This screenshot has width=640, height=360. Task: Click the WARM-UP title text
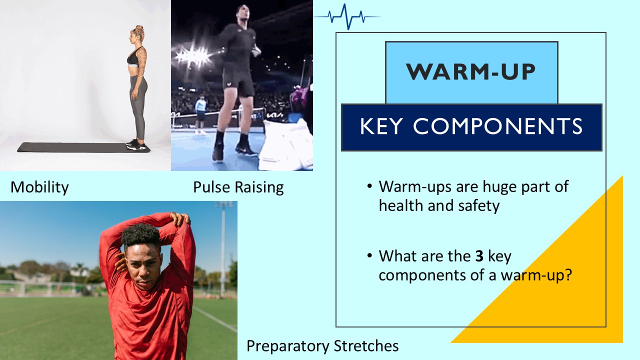[x=471, y=71]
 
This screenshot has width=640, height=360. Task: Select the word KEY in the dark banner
[x=381, y=127]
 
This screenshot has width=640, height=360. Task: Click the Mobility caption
[x=39, y=187]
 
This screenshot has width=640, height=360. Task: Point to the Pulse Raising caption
[x=238, y=187]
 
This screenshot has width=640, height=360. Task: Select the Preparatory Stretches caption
[x=322, y=345]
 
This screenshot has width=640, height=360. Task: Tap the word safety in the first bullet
[x=478, y=205]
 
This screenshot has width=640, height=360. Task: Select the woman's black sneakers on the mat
[x=136, y=145]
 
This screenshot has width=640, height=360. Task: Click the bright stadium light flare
[x=190, y=56]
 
